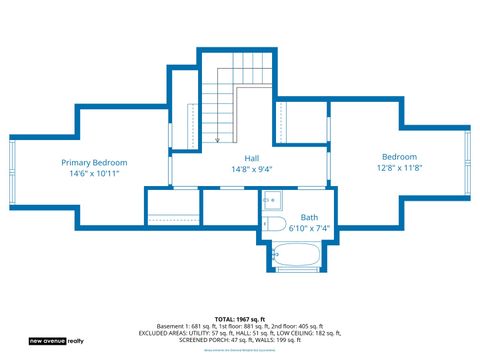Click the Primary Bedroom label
pyautogui.click(x=94, y=162)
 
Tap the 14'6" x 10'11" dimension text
pyautogui.click(x=94, y=173)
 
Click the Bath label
pyautogui.click(x=309, y=217)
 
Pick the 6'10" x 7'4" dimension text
pyautogui.click(x=309, y=228)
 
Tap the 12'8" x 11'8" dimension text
pyautogui.click(x=399, y=167)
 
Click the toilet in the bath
pyautogui.click(x=276, y=223)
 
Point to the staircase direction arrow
pyautogui.click(x=217, y=140)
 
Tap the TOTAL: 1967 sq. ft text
pyautogui.click(x=239, y=319)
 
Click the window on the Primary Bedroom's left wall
pyautogui.click(x=12, y=163)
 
